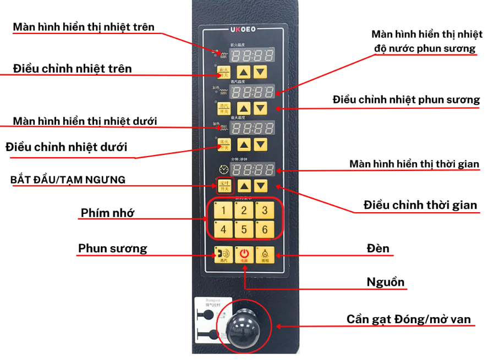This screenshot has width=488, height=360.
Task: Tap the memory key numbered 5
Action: point(244,230)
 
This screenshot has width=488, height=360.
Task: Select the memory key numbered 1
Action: point(223,211)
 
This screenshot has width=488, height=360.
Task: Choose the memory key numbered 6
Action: point(265,230)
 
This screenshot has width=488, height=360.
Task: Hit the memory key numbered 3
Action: point(265,211)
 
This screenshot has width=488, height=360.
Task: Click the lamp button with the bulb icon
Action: point(265,254)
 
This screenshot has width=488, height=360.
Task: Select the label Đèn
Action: point(379,248)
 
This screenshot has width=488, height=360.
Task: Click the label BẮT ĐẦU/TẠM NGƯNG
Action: point(68,180)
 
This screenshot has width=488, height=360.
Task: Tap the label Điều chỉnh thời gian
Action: point(420,205)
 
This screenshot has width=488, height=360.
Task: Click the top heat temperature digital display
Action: point(253,56)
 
